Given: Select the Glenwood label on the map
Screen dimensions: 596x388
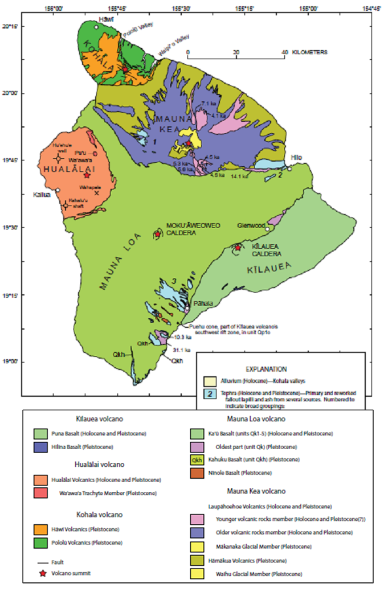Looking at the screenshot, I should pos(252,225).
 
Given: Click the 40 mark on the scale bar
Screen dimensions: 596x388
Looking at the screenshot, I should pos(284,52).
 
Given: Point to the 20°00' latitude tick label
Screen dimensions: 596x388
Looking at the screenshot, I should pos(11,93).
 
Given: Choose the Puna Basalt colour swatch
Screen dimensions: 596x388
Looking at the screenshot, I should pos(41,434).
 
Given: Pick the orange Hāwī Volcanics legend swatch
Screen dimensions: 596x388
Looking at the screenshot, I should pos(41,531).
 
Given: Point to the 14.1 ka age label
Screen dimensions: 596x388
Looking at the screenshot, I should pos(239,176).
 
